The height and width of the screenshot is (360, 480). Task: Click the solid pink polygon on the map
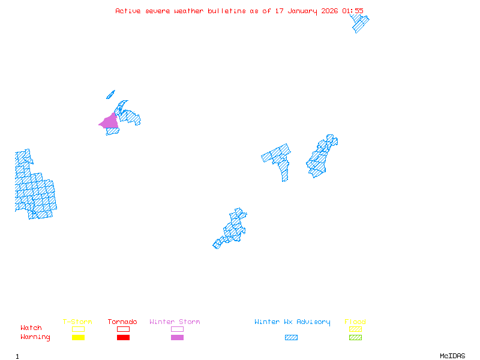pos(110,122)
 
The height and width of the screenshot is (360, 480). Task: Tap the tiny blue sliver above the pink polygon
pos(110,94)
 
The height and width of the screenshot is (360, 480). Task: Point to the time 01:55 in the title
pos(353,11)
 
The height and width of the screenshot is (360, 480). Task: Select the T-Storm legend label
pos(77,322)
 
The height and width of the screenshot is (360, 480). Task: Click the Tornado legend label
pos(122,322)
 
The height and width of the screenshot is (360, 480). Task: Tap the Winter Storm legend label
pos(175,322)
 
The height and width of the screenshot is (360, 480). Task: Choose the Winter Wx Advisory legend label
pos(292,322)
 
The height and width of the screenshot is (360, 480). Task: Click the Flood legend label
pos(355,322)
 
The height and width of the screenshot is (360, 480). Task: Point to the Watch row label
pos(31,328)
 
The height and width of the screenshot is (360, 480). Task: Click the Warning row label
pos(35,337)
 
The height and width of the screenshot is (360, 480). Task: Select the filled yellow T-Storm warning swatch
pos(78,338)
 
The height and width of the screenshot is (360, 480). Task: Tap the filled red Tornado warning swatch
pos(123,338)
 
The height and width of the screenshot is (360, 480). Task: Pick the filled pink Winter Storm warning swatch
pos(177,338)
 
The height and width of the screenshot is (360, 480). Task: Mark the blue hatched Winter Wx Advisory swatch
pos(291,338)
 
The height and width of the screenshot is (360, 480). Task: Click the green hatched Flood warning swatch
pos(355,338)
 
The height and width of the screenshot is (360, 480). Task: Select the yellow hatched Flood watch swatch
pos(355,329)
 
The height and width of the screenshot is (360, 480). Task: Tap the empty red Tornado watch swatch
pos(123,329)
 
